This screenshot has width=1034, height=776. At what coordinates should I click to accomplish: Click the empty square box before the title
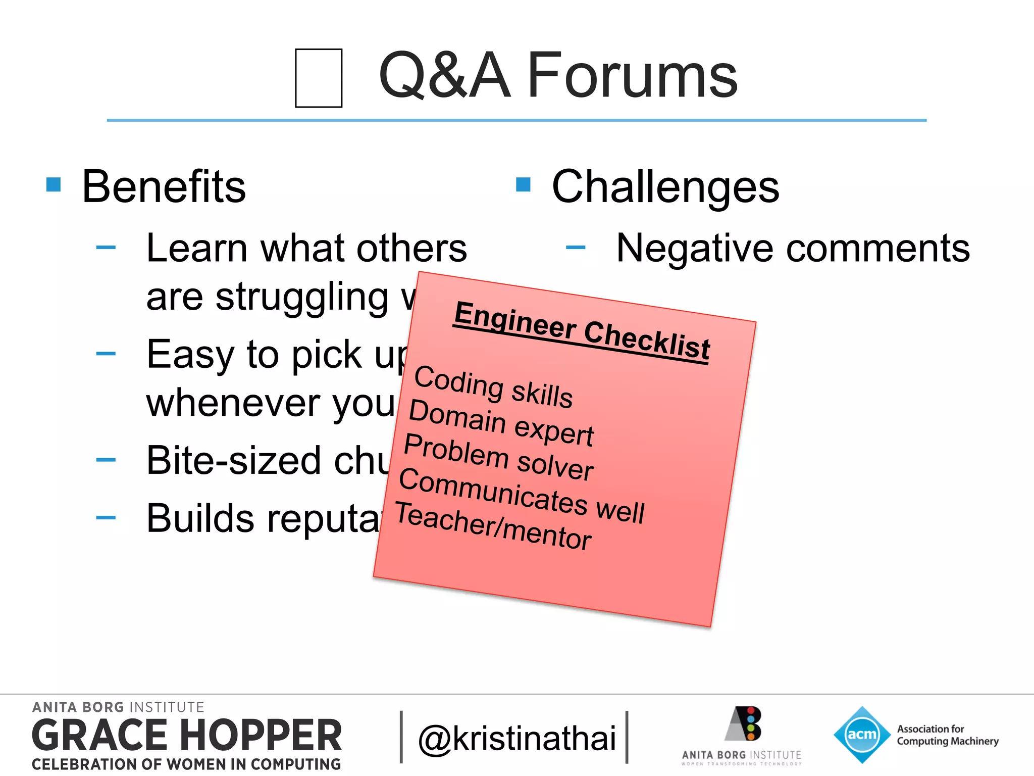pos(319,78)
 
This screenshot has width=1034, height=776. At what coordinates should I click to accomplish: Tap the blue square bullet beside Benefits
pos(54,185)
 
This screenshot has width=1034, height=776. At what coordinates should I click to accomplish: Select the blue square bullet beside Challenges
pos(524,185)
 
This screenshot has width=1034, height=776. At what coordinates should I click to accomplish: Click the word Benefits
pos(164,187)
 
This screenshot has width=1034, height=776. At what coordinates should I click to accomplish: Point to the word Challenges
pos(665,187)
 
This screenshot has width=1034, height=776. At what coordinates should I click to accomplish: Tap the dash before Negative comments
pos(576,248)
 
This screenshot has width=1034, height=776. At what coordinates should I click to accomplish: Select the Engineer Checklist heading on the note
pos(582,331)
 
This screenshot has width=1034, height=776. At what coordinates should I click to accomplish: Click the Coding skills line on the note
pos(493,386)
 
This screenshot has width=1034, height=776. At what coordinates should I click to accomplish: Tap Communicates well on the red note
pos(521,496)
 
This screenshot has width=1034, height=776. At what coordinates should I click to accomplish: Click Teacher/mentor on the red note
pos(493,526)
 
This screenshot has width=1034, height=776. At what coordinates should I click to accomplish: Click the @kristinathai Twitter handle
pos(517,739)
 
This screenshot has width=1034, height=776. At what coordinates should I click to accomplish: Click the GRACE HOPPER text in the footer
pos(187,736)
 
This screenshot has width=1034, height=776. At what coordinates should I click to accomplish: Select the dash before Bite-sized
pos(106,460)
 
